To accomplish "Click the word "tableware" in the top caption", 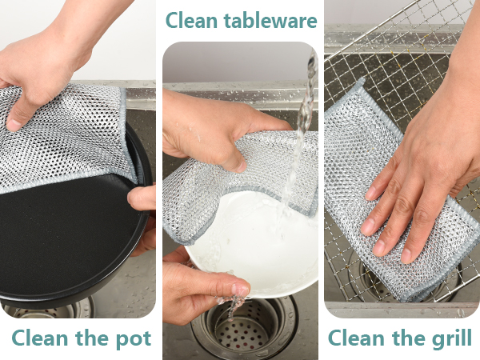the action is click(270, 21).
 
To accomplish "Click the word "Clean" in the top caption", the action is click(191, 21).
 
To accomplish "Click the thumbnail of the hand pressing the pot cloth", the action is click(13, 125).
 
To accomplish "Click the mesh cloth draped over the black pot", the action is click(64, 134).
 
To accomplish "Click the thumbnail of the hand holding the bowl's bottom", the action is click(240, 290).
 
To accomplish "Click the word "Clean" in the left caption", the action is click(40, 338).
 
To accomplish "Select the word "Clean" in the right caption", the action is click(354, 338).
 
